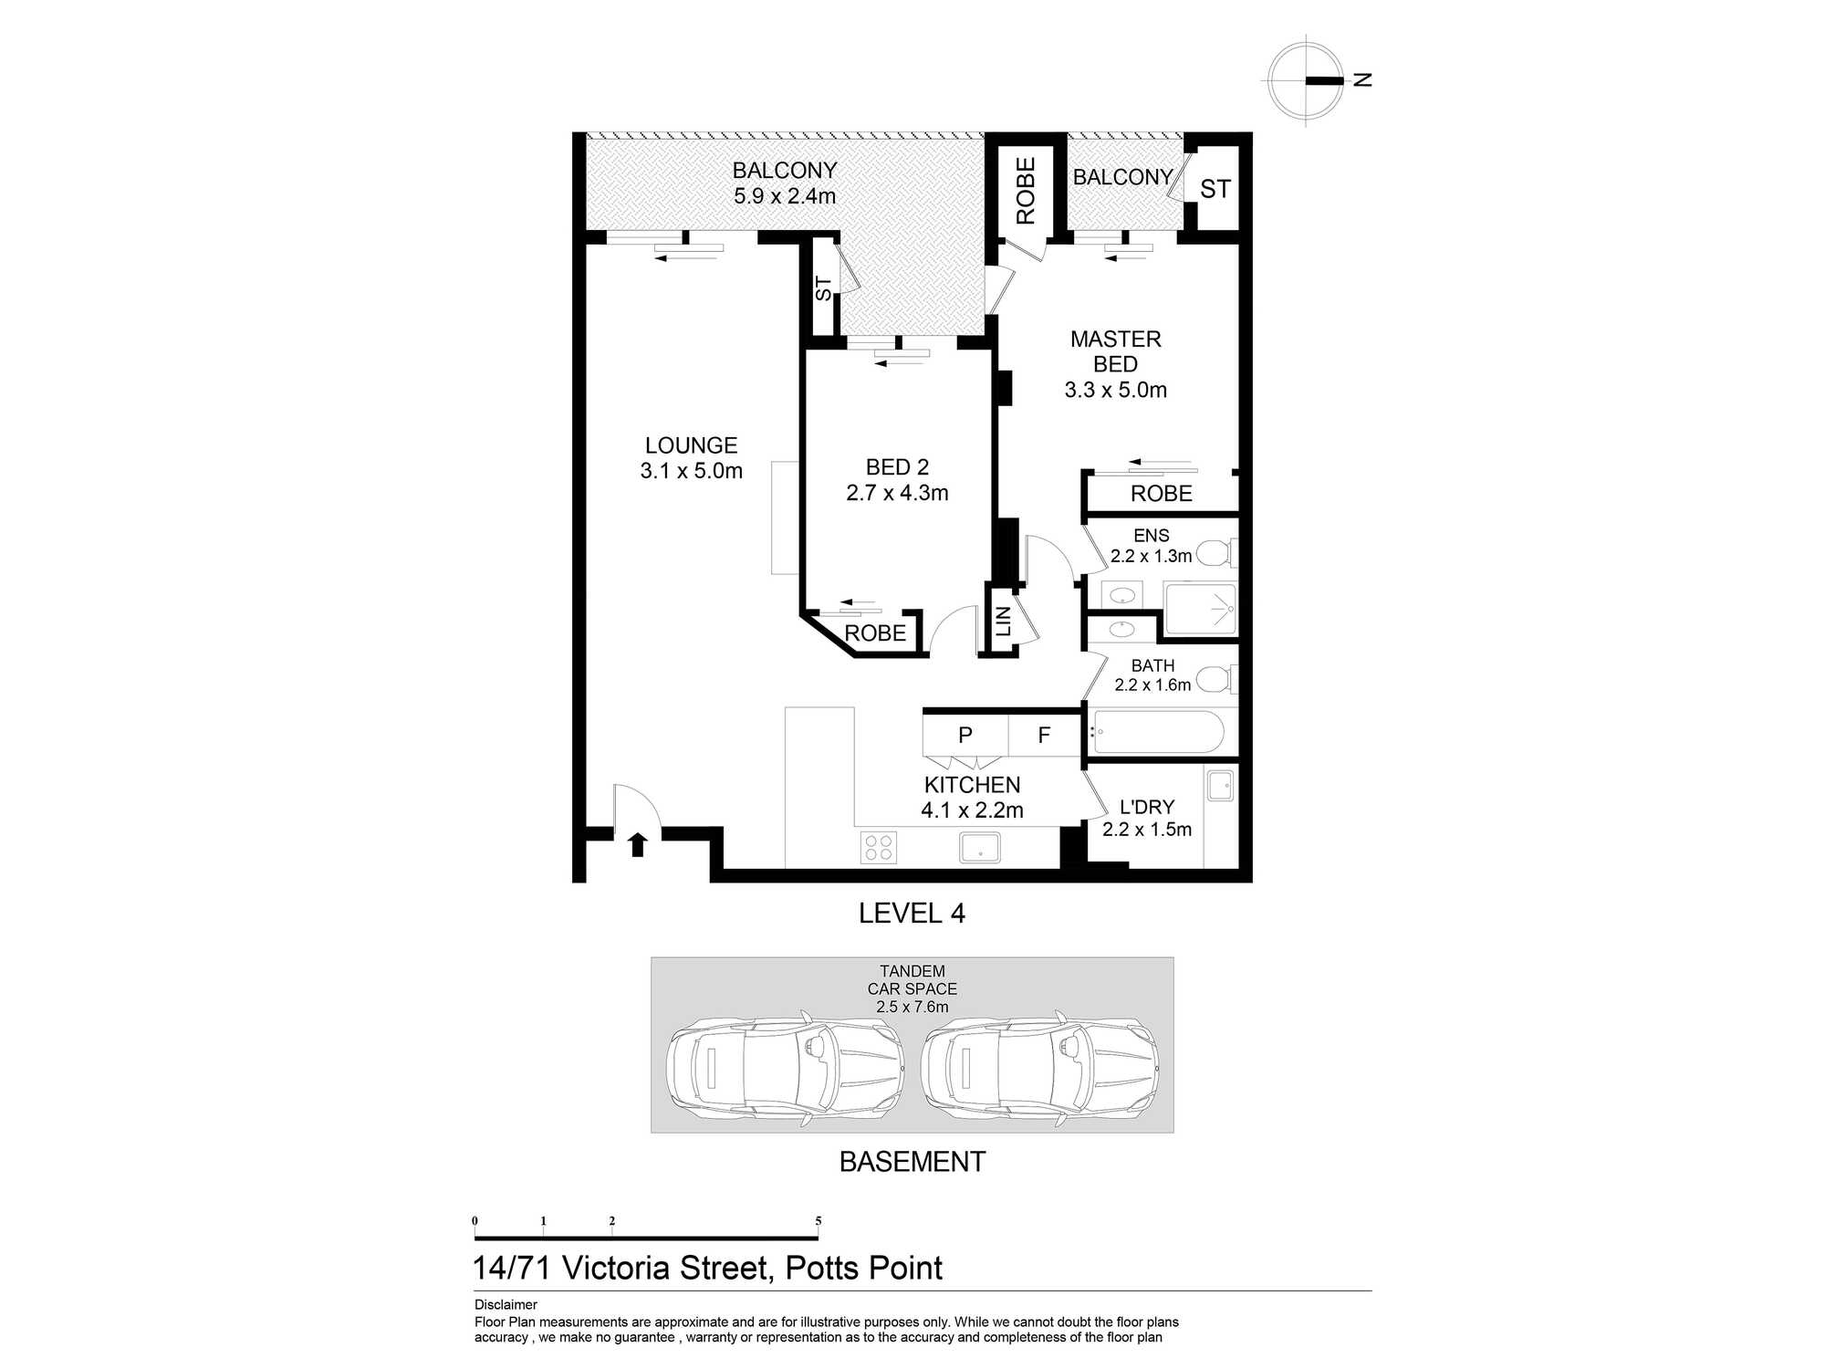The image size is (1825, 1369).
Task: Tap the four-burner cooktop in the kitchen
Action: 878,847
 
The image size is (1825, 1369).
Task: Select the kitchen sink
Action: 979,847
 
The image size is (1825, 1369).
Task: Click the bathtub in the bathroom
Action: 1157,732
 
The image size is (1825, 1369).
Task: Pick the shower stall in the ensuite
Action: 1201,609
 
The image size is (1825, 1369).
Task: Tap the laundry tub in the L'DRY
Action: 1220,785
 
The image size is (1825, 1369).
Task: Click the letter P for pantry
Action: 965,735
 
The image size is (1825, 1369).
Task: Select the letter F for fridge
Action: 1044,735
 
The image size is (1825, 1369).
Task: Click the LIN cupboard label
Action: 1004,622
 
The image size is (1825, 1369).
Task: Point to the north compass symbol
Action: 1307,80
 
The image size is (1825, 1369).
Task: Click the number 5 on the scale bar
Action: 818,1221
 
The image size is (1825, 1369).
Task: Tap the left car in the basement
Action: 785,1066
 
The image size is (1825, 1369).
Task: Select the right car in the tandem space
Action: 1040,1066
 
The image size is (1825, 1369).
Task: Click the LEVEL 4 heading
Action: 912,913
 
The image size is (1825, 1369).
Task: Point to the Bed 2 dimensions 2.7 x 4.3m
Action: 897,493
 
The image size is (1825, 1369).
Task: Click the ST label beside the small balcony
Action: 1215,189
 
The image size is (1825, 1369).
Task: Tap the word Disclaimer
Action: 506,1304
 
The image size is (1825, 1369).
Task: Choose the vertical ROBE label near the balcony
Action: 1026,190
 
